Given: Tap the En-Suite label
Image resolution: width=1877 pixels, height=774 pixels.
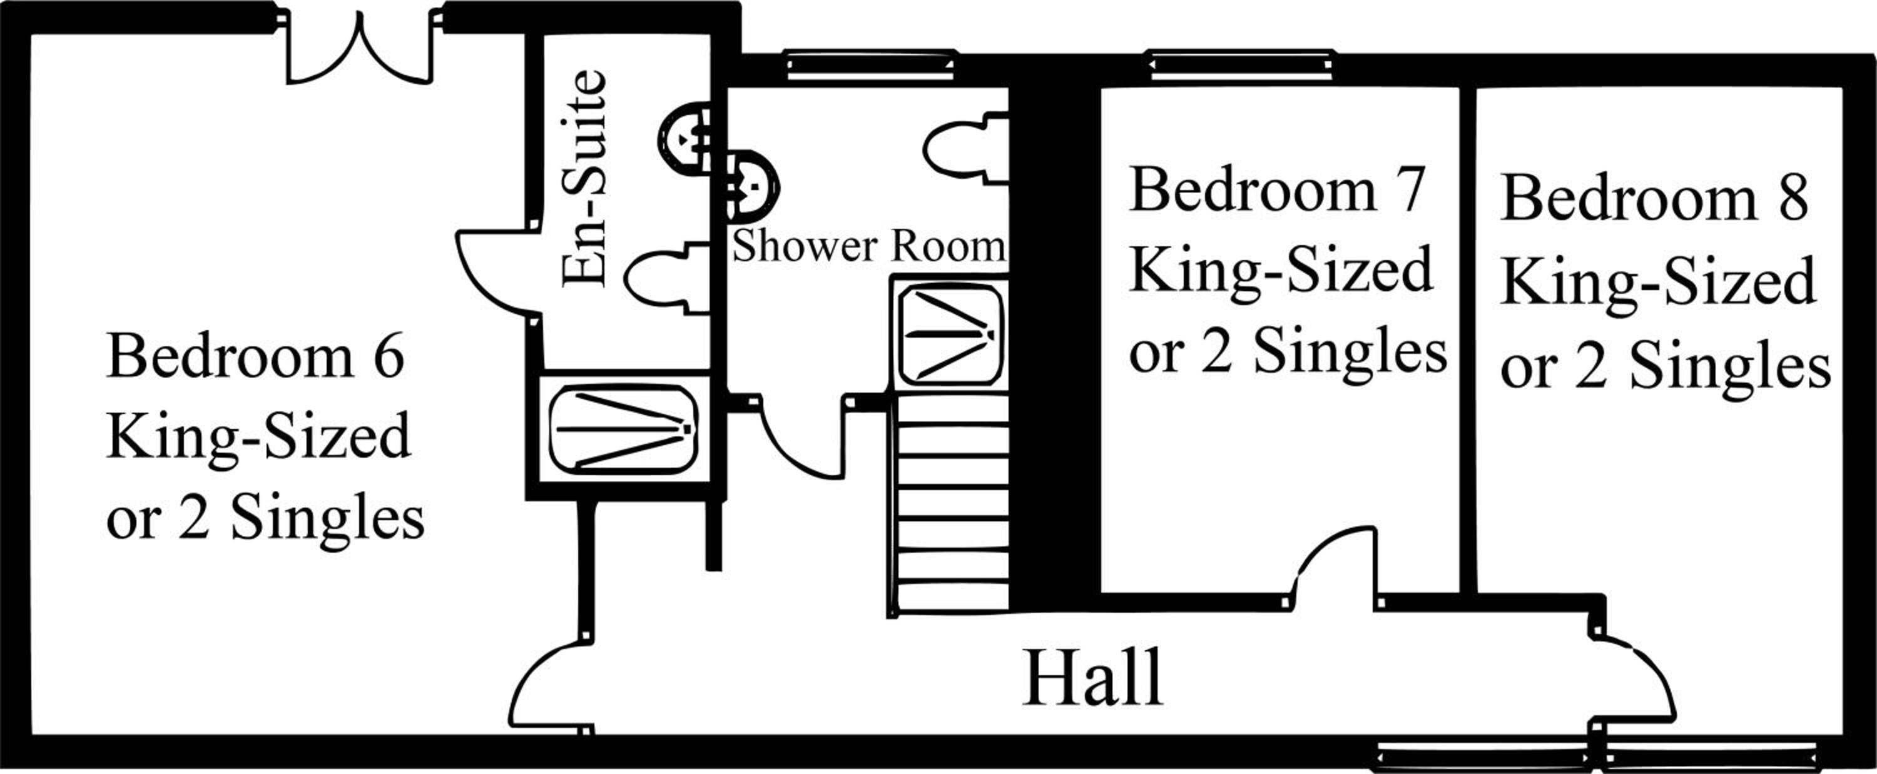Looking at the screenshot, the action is [584, 178].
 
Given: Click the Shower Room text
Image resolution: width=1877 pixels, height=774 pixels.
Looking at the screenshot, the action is [868, 246].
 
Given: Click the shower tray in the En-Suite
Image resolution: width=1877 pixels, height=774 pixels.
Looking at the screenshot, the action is [624, 429].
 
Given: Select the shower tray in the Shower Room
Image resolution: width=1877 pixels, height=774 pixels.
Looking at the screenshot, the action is [949, 335].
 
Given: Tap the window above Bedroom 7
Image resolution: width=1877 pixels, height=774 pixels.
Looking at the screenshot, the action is [1240, 65].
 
